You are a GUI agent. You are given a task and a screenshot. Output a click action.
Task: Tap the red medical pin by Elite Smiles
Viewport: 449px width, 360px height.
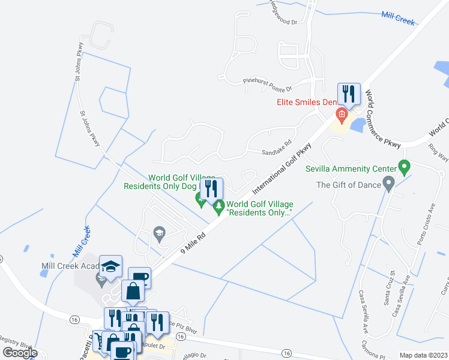point(342,114)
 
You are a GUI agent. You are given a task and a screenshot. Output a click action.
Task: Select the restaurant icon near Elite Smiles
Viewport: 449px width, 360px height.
point(349,94)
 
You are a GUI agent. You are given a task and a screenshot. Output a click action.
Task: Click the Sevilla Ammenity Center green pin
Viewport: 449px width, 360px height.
point(404,166)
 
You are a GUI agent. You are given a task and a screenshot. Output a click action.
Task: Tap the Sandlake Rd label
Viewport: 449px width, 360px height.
point(276,152)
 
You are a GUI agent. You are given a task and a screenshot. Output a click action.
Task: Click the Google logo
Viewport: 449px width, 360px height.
point(20,353)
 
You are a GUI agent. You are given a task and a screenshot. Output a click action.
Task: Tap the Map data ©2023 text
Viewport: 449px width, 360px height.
point(423,355)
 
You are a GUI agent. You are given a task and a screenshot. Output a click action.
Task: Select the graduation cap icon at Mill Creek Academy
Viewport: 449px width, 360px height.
point(111,266)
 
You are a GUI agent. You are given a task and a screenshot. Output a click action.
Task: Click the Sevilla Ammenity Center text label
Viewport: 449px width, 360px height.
point(351,169)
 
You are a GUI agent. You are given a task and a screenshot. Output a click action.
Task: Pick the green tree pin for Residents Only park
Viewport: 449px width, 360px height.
point(219,207)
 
